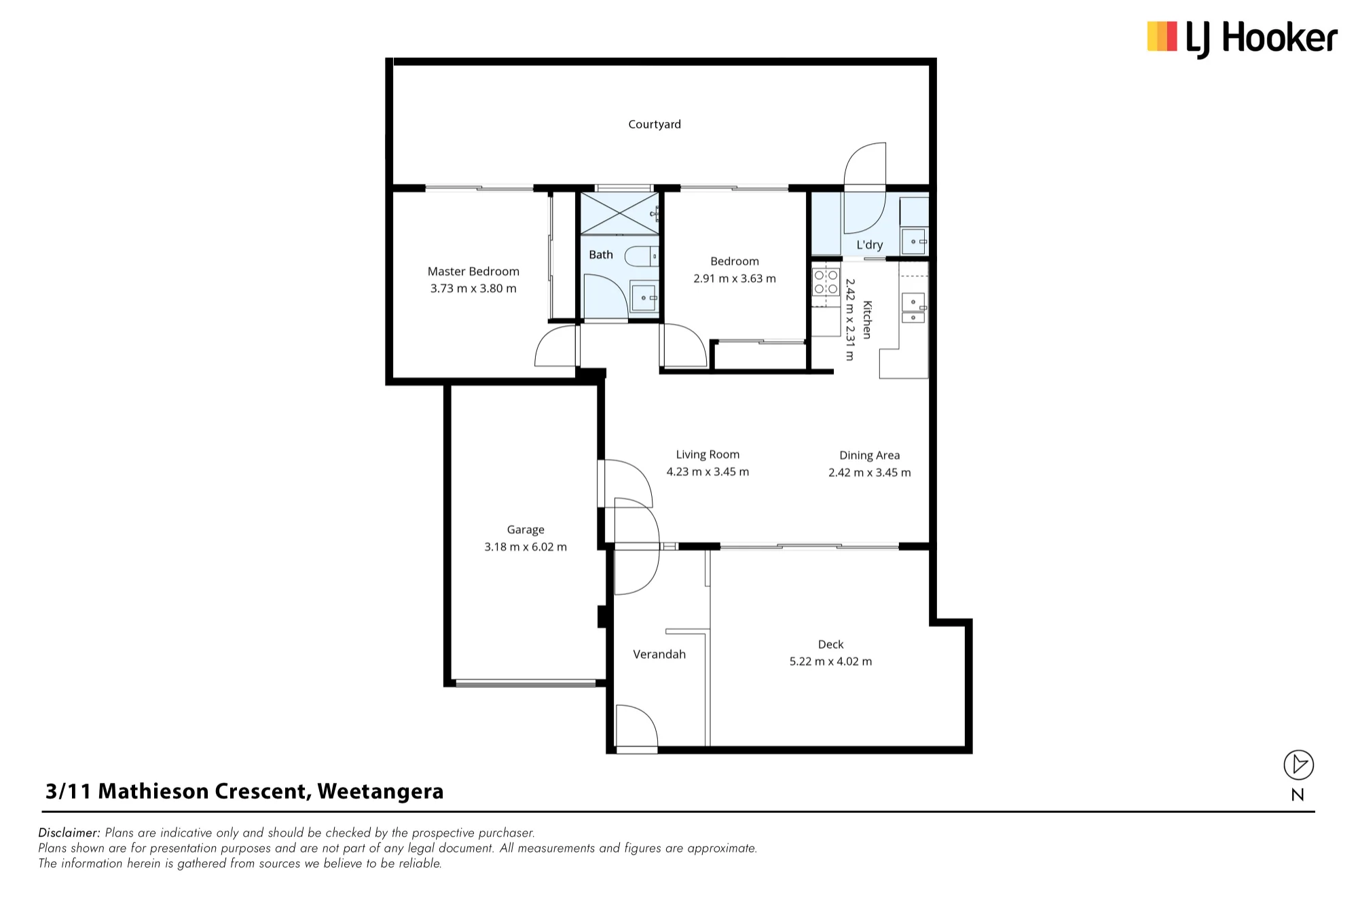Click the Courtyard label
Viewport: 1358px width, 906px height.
click(655, 124)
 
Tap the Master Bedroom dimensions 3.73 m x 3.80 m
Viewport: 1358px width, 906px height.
click(473, 289)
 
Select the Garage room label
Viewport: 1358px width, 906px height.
click(526, 530)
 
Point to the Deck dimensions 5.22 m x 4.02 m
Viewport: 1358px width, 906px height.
click(830, 662)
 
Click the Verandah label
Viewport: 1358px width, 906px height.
click(659, 654)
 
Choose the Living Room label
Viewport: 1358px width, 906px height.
click(708, 454)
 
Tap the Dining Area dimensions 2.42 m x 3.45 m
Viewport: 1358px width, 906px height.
click(870, 473)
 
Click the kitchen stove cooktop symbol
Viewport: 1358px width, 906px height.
click(826, 282)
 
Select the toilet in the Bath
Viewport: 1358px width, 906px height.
click(642, 257)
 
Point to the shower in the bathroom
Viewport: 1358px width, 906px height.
click(619, 213)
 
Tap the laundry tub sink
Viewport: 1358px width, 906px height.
click(914, 242)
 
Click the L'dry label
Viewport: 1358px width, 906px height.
click(869, 245)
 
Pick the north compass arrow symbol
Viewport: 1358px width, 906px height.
click(1299, 765)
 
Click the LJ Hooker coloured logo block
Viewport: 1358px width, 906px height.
click(1162, 37)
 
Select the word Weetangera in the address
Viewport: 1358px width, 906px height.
click(380, 792)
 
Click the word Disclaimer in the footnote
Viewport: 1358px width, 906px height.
click(69, 833)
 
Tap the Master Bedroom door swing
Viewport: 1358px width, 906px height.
click(556, 346)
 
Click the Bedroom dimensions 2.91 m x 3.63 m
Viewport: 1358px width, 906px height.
click(734, 278)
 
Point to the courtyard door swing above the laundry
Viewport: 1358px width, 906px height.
click(865, 164)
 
